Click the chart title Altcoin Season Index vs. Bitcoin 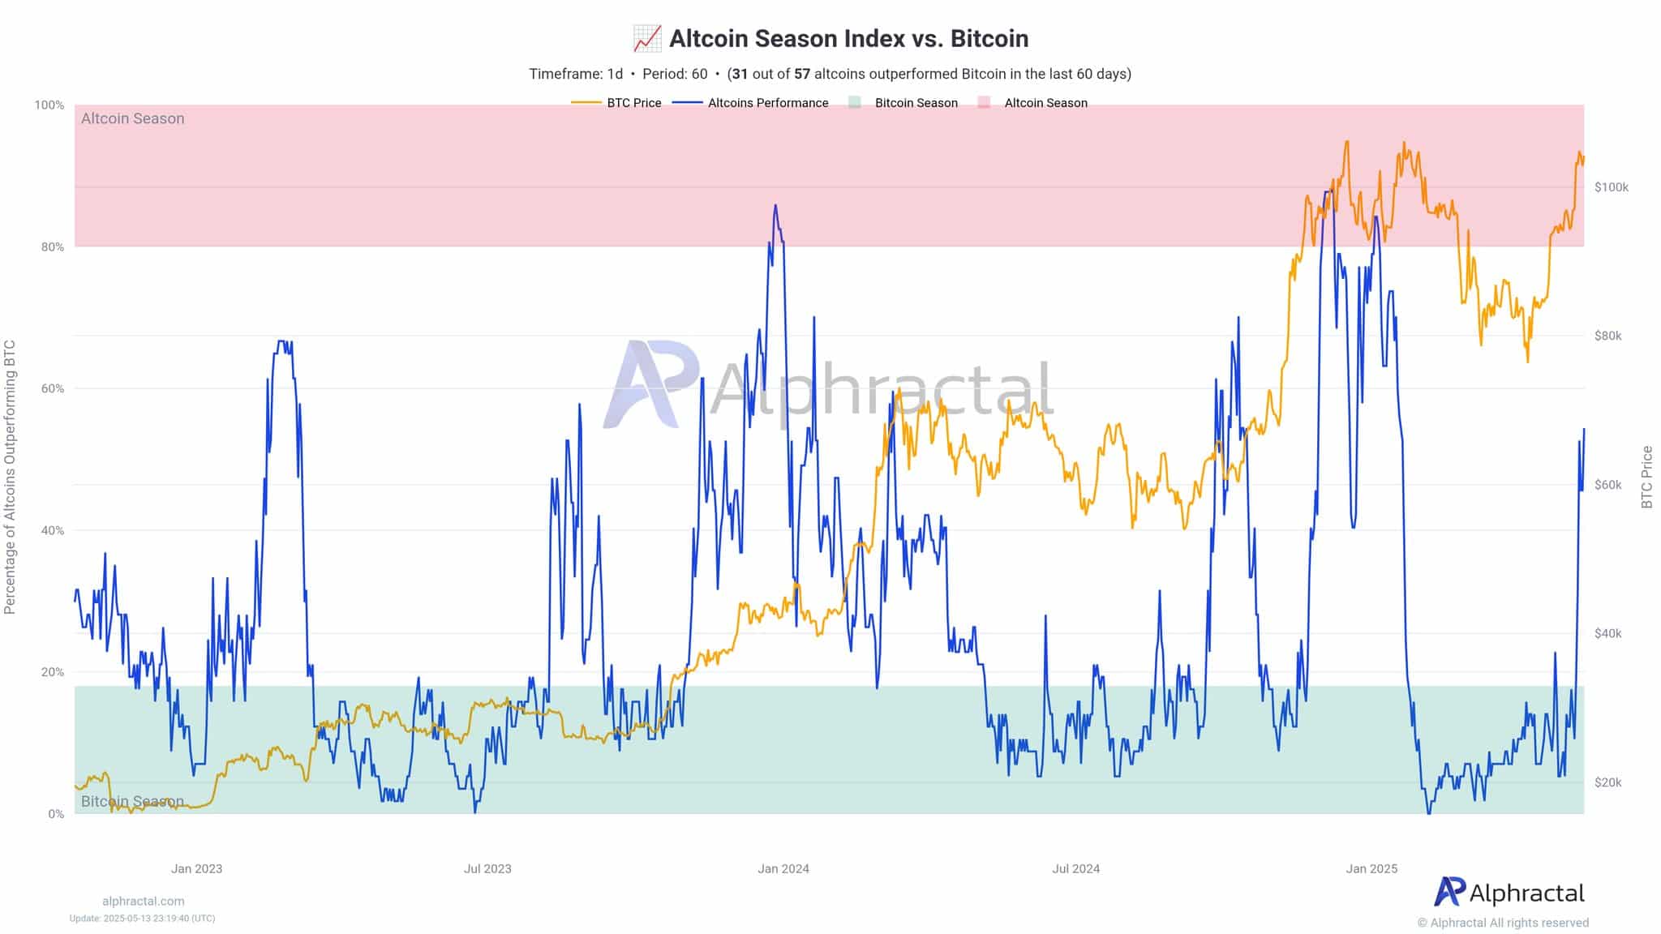pyautogui.click(x=848, y=38)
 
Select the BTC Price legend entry pyautogui.click(x=633, y=103)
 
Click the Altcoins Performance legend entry pyautogui.click(x=767, y=103)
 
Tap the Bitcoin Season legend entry pyautogui.click(x=916, y=103)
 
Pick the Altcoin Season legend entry pyautogui.click(x=1045, y=103)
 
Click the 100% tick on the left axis pyautogui.click(x=49, y=105)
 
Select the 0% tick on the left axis pyautogui.click(x=55, y=814)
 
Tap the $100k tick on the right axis pyautogui.click(x=1611, y=187)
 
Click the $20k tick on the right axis pyautogui.click(x=1607, y=782)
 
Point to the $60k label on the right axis pyautogui.click(x=1607, y=485)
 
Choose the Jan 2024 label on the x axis pyautogui.click(x=783, y=868)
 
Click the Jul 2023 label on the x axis pyautogui.click(x=487, y=868)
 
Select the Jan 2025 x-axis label pyautogui.click(x=1371, y=868)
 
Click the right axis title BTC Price pyautogui.click(x=1646, y=478)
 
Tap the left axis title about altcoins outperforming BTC pyautogui.click(x=10, y=477)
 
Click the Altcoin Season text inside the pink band pyautogui.click(x=132, y=118)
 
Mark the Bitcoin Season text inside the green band pyautogui.click(x=132, y=801)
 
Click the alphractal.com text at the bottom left pyautogui.click(x=144, y=901)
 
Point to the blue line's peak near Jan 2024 pyautogui.click(x=775, y=205)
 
